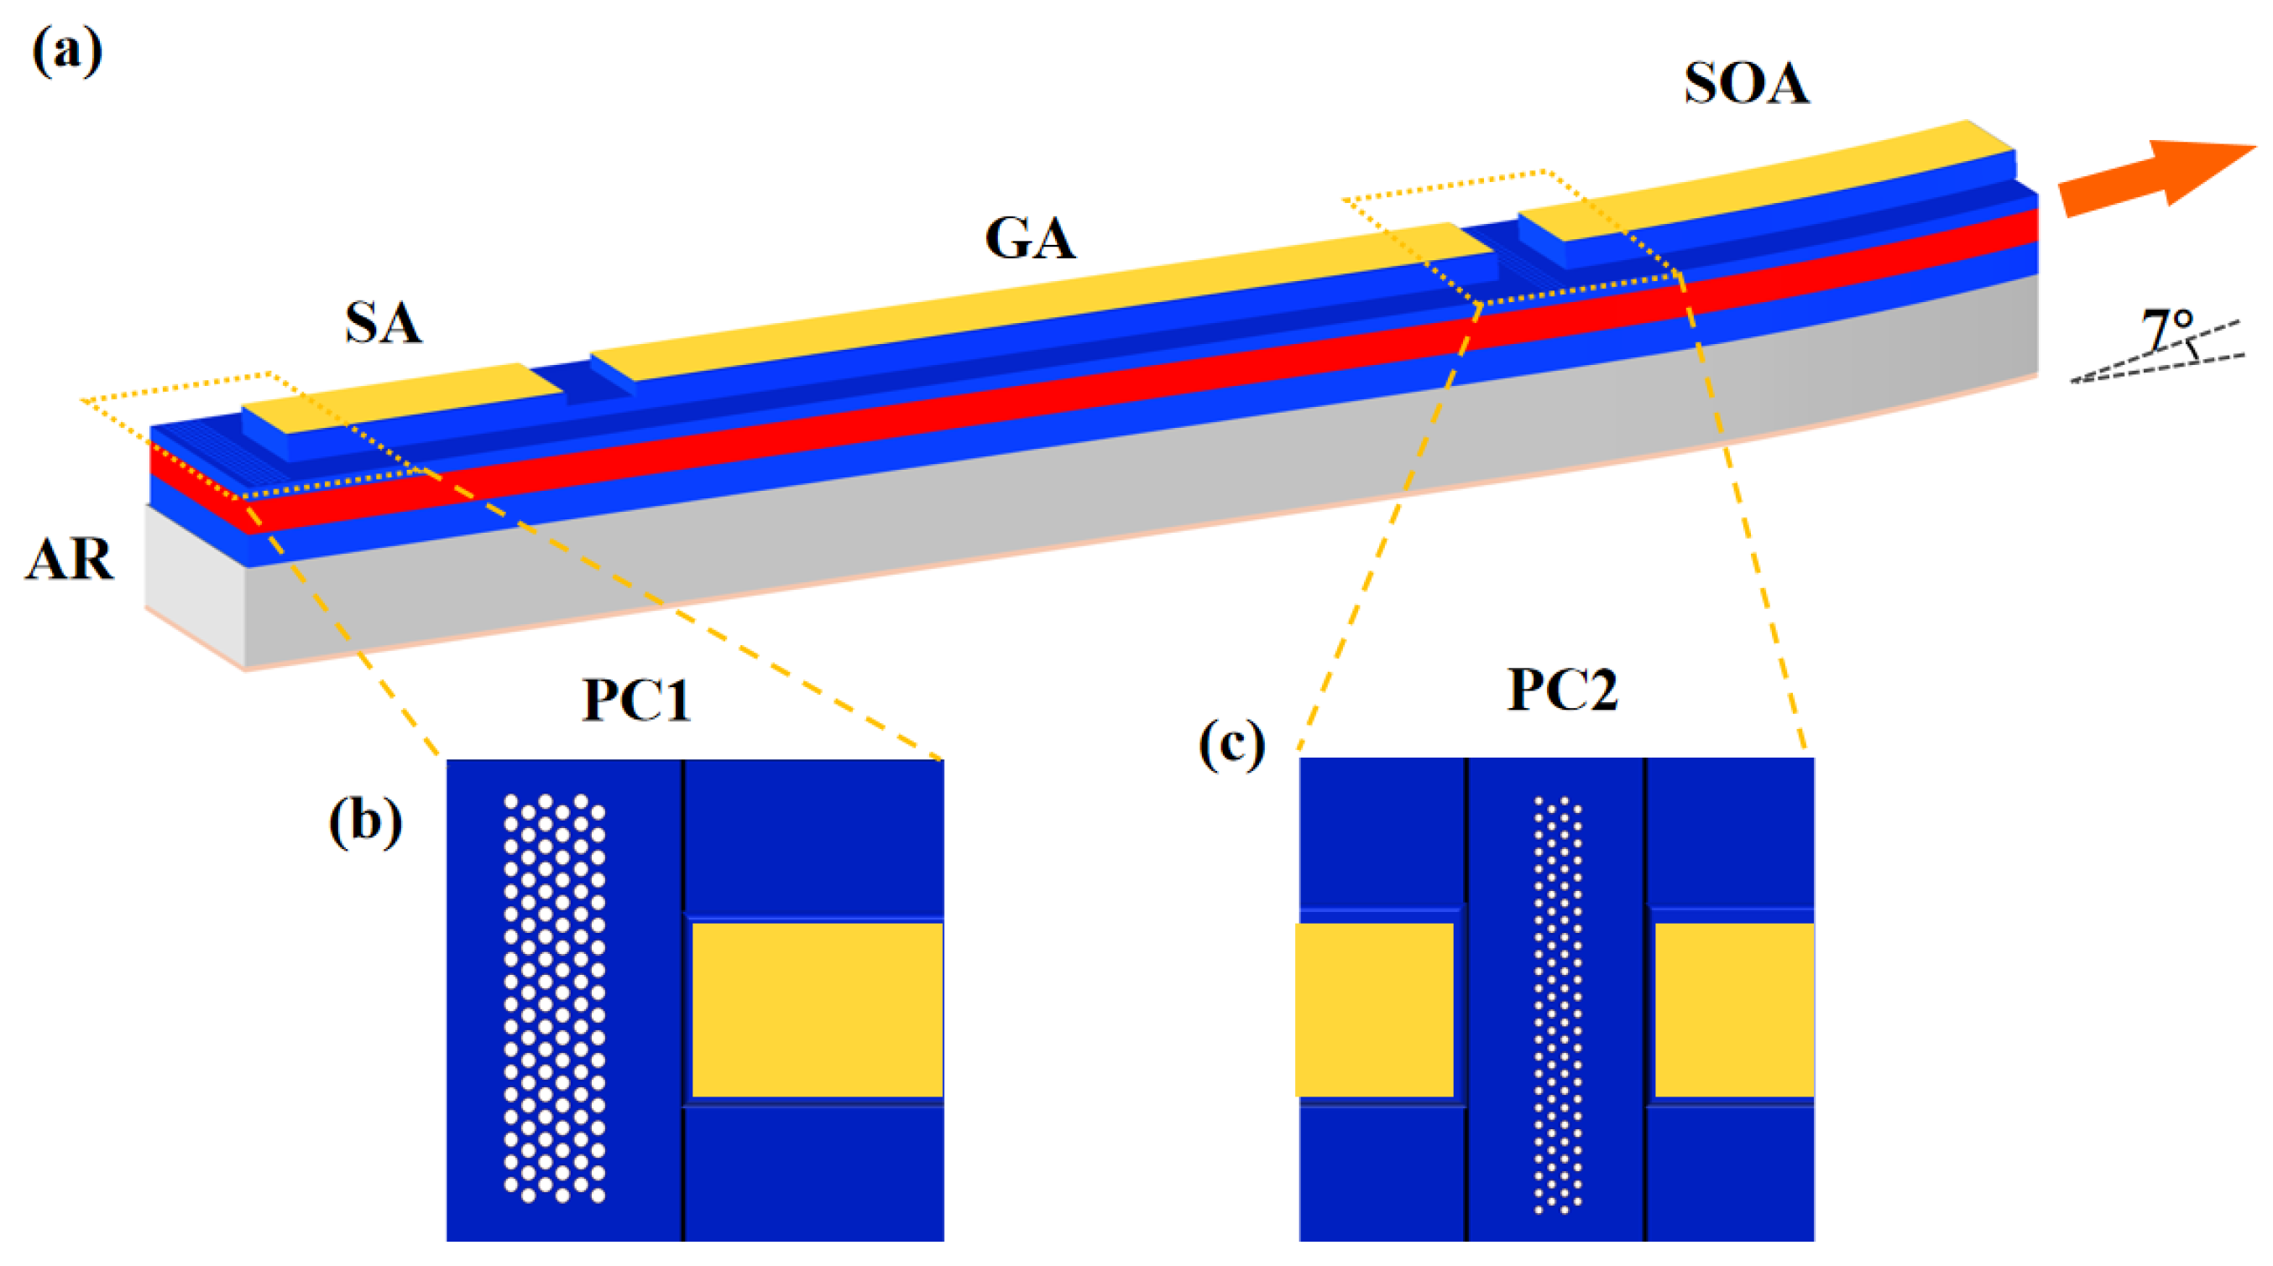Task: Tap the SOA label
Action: [1746, 85]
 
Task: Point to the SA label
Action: [383, 322]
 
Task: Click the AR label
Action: [69, 559]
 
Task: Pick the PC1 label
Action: [636, 701]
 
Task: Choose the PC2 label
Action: [1562, 690]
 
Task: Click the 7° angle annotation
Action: [2167, 331]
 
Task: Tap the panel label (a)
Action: [67, 51]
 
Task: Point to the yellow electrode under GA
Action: [1041, 300]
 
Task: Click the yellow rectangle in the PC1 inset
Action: [817, 1009]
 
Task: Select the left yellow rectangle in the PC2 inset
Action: [1374, 1009]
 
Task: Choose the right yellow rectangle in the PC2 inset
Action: [1734, 1009]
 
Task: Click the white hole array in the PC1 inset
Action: [554, 997]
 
